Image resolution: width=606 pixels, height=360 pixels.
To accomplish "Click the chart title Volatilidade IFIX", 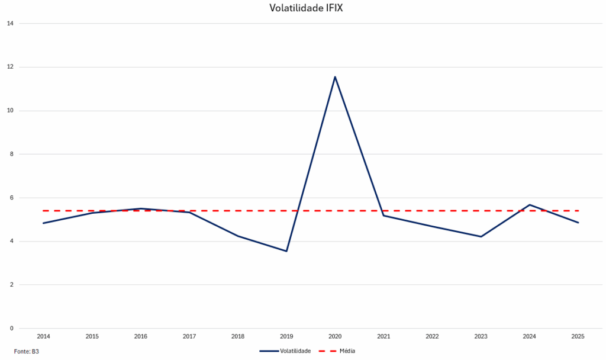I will click(302, 8).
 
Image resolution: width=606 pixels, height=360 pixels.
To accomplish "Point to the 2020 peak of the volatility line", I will click(335, 77).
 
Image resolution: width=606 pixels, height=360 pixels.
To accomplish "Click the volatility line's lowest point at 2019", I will click(286, 251).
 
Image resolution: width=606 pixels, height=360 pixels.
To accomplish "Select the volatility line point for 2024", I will click(530, 205).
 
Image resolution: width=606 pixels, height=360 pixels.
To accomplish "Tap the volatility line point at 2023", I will click(481, 237).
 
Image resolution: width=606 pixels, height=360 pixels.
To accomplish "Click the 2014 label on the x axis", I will click(43, 337).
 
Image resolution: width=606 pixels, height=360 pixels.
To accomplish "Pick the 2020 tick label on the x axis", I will click(335, 337).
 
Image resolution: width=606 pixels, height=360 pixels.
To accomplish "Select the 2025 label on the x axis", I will click(578, 337).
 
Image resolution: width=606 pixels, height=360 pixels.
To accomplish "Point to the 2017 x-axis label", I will click(189, 337).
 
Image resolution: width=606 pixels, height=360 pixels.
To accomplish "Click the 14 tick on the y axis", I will click(10, 24).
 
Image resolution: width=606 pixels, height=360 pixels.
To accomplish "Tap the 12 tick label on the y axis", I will click(10, 67).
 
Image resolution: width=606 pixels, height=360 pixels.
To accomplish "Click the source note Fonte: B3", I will click(27, 352).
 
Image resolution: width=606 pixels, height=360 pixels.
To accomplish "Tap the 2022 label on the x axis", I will click(432, 337).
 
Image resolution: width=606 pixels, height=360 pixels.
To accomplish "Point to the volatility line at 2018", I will click(238, 236).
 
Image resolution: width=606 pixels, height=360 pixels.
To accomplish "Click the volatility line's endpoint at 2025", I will click(578, 223).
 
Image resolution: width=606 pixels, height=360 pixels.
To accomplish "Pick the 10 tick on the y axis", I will click(10, 111).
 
